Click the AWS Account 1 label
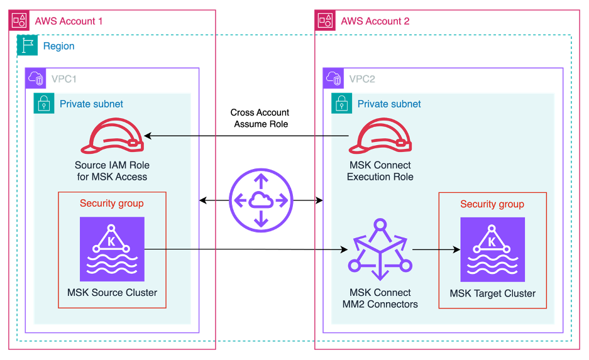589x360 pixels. tap(69, 21)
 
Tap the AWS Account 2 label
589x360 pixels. tap(375, 21)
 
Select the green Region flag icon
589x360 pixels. tap(27, 46)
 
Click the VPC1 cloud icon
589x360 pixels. tap(35, 79)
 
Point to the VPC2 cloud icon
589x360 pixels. tap(333, 79)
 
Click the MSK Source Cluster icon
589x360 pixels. tap(112, 249)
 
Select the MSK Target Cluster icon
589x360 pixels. tap(492, 249)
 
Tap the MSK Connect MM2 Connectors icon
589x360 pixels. tap(379, 251)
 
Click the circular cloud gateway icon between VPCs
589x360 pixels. tap(261, 200)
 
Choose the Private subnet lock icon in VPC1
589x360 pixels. tap(44, 104)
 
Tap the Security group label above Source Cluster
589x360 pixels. tap(112, 204)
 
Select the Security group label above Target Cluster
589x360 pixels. tap(492, 204)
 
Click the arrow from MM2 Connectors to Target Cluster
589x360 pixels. tap(436, 250)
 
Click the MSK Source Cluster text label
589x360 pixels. tap(112, 292)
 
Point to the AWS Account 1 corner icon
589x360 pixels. tap(19, 20)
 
